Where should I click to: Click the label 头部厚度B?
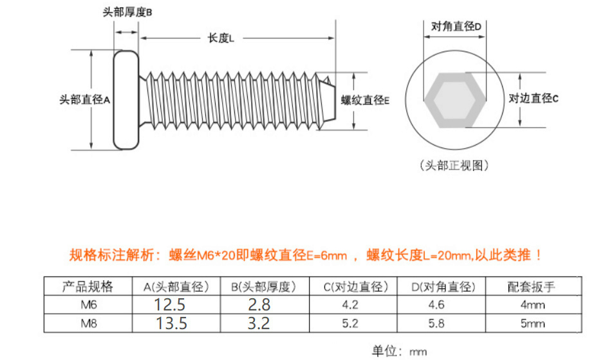pos(127,12)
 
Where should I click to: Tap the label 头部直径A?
pos(85,100)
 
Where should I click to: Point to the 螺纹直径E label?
pos(365,100)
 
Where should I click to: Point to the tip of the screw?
pos(328,99)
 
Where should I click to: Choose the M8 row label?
pos(88,323)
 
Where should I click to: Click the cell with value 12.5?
pos(171,305)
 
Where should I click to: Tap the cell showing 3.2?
pos(259,323)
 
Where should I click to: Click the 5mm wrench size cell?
pos(532,323)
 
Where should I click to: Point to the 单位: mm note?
pos(399,351)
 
